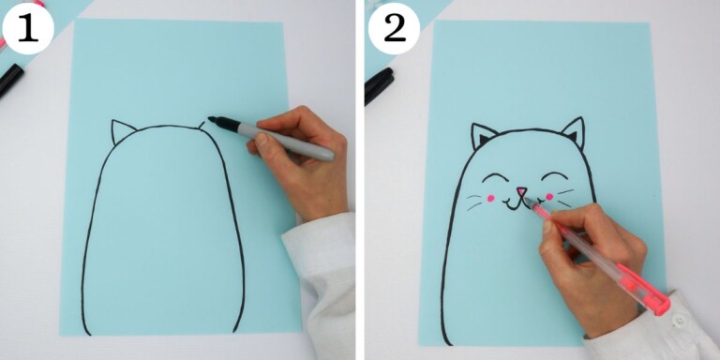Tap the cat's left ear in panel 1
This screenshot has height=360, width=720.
click(x=122, y=132)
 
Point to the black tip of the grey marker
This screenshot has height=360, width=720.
click(x=213, y=120)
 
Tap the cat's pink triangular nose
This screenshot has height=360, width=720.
click(x=519, y=194)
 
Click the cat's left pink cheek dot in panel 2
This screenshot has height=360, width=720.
click(x=489, y=198)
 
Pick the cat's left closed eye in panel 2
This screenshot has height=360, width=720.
click(x=495, y=177)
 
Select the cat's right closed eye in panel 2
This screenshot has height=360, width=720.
click(x=554, y=176)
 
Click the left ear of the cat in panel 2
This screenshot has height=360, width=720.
click(x=483, y=136)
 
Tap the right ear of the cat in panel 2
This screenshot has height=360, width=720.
click(x=573, y=132)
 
